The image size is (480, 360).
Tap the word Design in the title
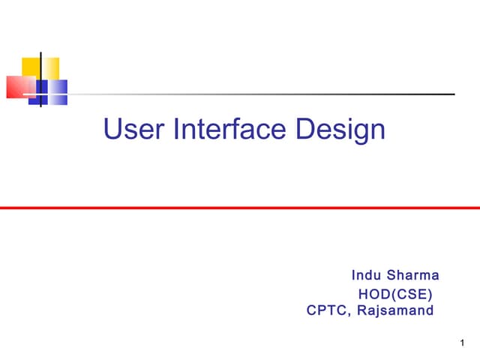[340, 131]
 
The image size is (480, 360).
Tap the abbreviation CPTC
[328, 310]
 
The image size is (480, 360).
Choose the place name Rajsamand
[395, 310]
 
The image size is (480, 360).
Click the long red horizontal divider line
[240, 208]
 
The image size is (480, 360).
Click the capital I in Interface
[177, 130]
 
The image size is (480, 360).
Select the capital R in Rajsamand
[361, 310]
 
